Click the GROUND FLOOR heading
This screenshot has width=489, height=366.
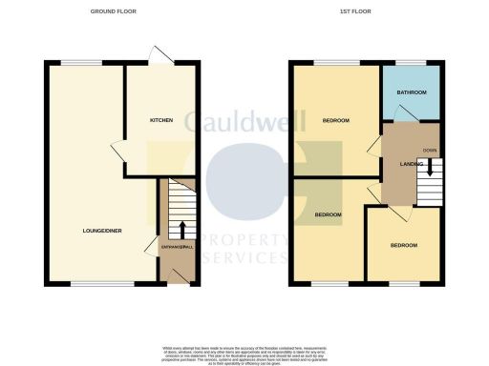tap(112, 12)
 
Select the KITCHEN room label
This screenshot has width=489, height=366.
tap(159, 120)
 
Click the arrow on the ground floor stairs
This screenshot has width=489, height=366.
tap(180, 229)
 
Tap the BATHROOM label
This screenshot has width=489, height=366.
tap(411, 91)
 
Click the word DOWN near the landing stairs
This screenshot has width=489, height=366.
tap(431, 151)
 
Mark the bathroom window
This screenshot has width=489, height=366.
tap(411, 64)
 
